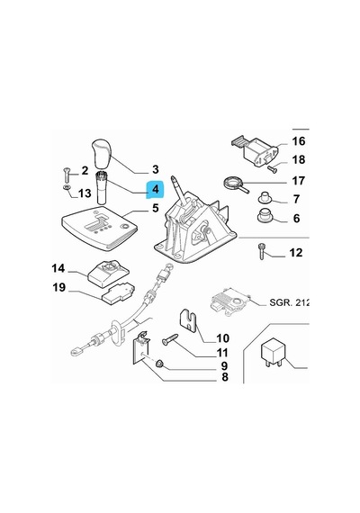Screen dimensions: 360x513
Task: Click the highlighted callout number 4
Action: tap(155, 189)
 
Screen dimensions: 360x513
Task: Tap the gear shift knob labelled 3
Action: tap(102, 154)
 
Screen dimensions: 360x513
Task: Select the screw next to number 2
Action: tap(67, 175)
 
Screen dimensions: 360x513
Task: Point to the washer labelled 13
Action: tap(67, 187)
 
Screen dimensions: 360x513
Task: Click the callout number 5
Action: tap(156, 208)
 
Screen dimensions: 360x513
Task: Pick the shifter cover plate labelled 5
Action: tap(99, 228)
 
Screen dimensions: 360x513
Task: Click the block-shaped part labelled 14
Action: tap(108, 274)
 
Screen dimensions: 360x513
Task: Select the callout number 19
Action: tap(59, 288)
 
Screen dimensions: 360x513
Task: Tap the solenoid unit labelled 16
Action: tap(256, 150)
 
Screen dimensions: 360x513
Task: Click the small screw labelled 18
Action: tap(272, 169)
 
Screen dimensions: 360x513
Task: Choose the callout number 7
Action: tap(296, 199)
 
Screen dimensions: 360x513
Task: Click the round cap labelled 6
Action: tap(265, 216)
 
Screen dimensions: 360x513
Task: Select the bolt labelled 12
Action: tap(262, 251)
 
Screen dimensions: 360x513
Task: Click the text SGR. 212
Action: tap(289, 302)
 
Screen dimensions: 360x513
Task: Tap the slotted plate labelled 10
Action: tap(188, 320)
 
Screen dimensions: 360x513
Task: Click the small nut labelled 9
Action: tap(159, 364)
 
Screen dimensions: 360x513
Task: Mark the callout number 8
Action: tap(224, 377)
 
